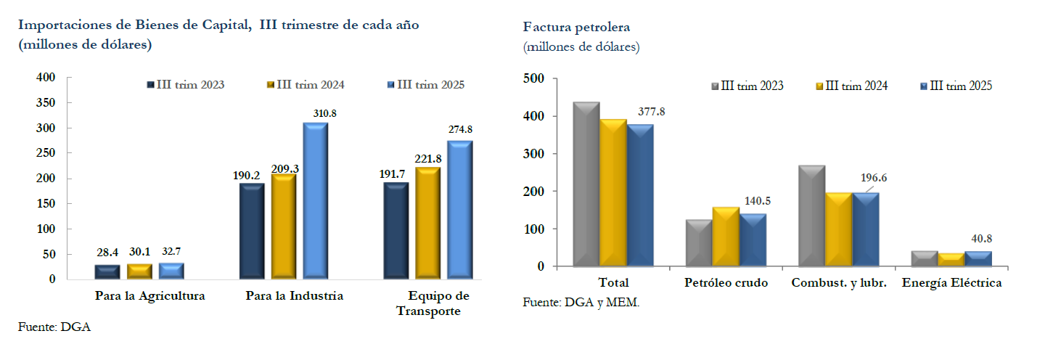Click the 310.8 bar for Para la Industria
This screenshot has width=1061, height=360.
click(x=315, y=201)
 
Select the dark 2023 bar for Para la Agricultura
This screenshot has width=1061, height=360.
click(x=107, y=272)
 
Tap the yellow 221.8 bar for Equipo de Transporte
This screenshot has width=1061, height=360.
click(x=428, y=224)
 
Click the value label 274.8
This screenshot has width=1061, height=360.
click(x=459, y=130)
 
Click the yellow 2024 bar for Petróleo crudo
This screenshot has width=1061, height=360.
click(x=726, y=237)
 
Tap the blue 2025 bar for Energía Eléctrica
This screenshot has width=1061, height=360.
click(x=979, y=259)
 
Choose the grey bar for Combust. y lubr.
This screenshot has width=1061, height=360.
click(x=811, y=216)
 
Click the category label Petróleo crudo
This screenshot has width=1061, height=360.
click(x=726, y=283)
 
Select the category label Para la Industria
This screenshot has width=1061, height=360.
click(x=294, y=296)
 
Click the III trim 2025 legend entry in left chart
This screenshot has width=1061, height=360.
click(x=425, y=85)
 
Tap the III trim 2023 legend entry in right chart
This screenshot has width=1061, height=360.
click(x=747, y=86)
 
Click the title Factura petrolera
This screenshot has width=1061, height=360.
click(x=576, y=27)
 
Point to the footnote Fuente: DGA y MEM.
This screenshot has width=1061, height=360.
click(x=581, y=303)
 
